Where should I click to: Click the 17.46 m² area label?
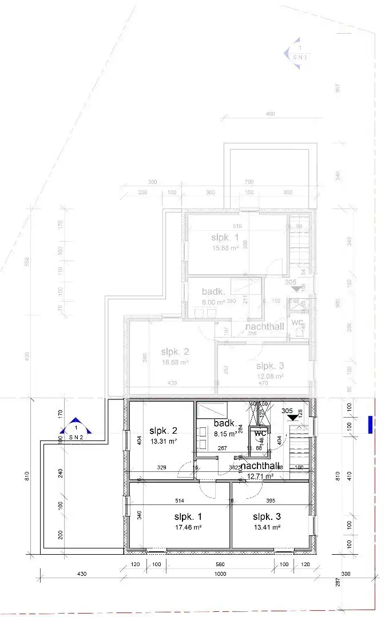coord(188,527)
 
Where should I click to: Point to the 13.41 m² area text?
coord(267,527)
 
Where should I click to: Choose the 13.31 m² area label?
coord(163,441)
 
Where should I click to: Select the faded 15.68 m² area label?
coord(225,248)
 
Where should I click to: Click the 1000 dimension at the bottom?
coord(220,573)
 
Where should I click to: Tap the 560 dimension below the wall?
coord(220,564)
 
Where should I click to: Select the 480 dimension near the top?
coord(271,114)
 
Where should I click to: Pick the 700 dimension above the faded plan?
coord(249,182)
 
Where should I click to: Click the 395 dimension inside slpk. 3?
coord(271,500)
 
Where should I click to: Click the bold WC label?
coord(261,432)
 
